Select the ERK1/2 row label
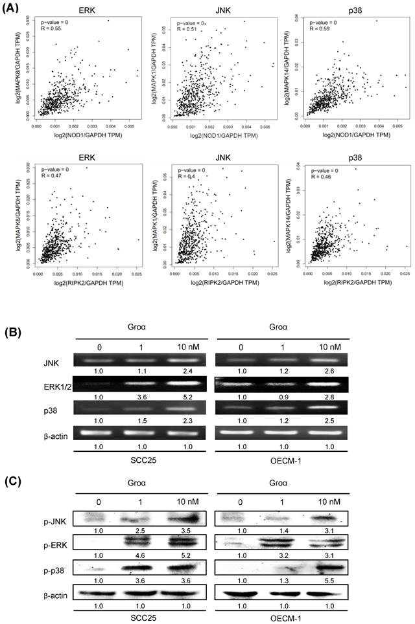tap(25, 388)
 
